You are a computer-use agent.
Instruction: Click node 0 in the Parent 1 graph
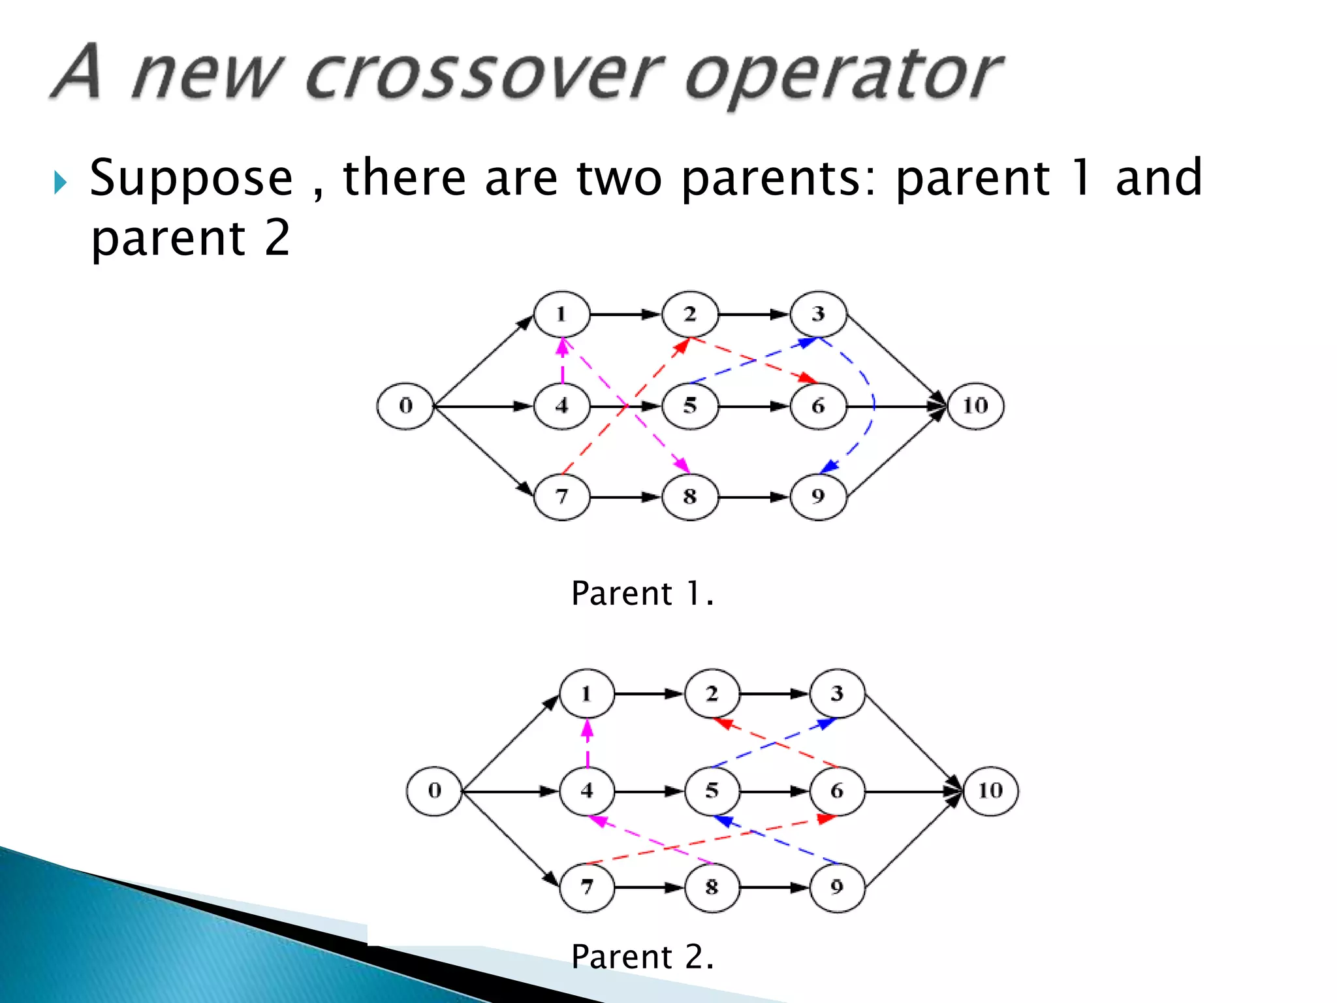coord(405,406)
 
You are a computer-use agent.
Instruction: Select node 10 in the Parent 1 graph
coord(975,406)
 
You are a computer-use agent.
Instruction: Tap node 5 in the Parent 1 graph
coord(690,406)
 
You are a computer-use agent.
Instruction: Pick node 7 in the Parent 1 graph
coord(562,497)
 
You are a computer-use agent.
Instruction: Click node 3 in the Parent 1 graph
coord(818,314)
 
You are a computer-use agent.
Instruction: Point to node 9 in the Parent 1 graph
coord(818,497)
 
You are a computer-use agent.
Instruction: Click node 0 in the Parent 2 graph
coord(434,791)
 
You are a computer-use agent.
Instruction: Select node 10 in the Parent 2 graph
coord(990,791)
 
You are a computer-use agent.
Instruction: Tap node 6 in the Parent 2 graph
coord(837,791)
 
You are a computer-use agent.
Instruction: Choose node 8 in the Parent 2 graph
coord(712,887)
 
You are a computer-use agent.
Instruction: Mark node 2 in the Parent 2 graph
coord(712,693)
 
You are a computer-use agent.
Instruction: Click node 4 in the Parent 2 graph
coord(587,791)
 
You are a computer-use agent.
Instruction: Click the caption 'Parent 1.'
coord(642,594)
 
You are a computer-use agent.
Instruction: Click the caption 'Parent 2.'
coord(642,957)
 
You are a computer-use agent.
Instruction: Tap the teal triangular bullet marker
coord(60,182)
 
